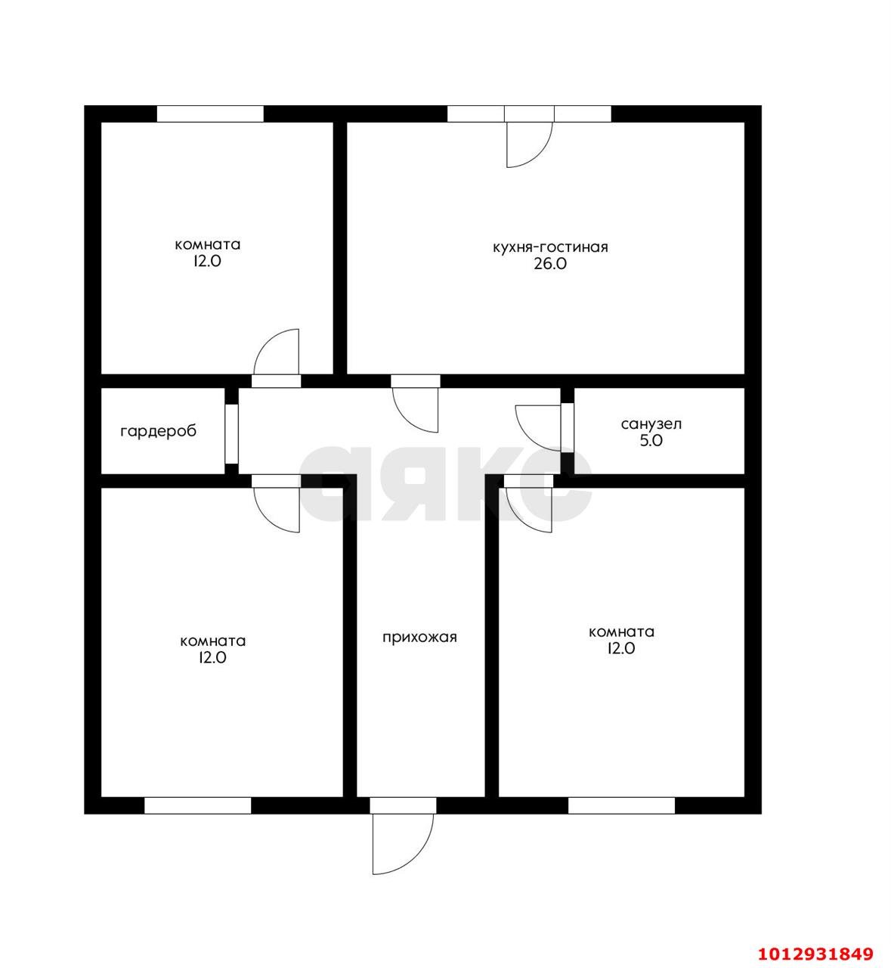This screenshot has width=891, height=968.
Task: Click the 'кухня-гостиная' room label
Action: (x=550, y=247)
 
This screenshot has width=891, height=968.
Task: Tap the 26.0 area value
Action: (x=550, y=264)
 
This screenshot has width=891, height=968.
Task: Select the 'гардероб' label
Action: (x=158, y=431)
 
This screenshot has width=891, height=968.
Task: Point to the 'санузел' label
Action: (x=651, y=424)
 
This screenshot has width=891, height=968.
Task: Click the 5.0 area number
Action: (x=651, y=441)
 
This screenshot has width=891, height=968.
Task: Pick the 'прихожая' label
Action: (x=419, y=638)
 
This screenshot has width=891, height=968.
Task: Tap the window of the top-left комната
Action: (x=210, y=113)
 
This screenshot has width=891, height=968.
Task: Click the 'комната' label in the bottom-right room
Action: (x=621, y=631)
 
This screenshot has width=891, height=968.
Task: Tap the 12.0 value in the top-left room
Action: (x=207, y=262)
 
